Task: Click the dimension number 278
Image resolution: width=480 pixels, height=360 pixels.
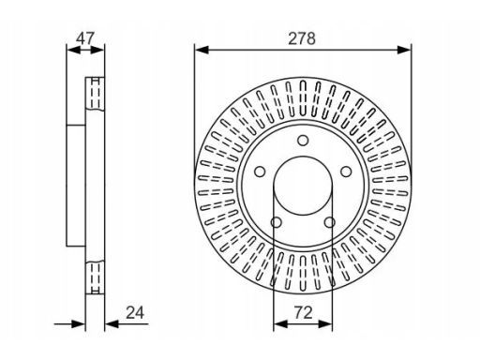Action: click(302, 38)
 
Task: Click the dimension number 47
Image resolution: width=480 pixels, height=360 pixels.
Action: click(85, 38)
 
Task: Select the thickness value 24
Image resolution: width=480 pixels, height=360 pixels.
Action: click(135, 312)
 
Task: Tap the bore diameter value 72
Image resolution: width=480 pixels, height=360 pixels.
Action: click(303, 312)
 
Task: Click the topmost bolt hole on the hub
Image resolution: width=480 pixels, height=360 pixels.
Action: click(303, 141)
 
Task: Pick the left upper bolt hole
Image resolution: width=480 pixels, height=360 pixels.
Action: click(260, 172)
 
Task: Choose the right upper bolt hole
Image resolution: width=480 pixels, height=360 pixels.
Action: click(346, 172)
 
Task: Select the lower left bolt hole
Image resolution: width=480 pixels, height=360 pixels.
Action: click(276, 222)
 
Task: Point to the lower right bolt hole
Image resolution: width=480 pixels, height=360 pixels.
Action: click(329, 222)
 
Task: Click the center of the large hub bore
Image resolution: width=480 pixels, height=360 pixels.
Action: click(303, 186)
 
